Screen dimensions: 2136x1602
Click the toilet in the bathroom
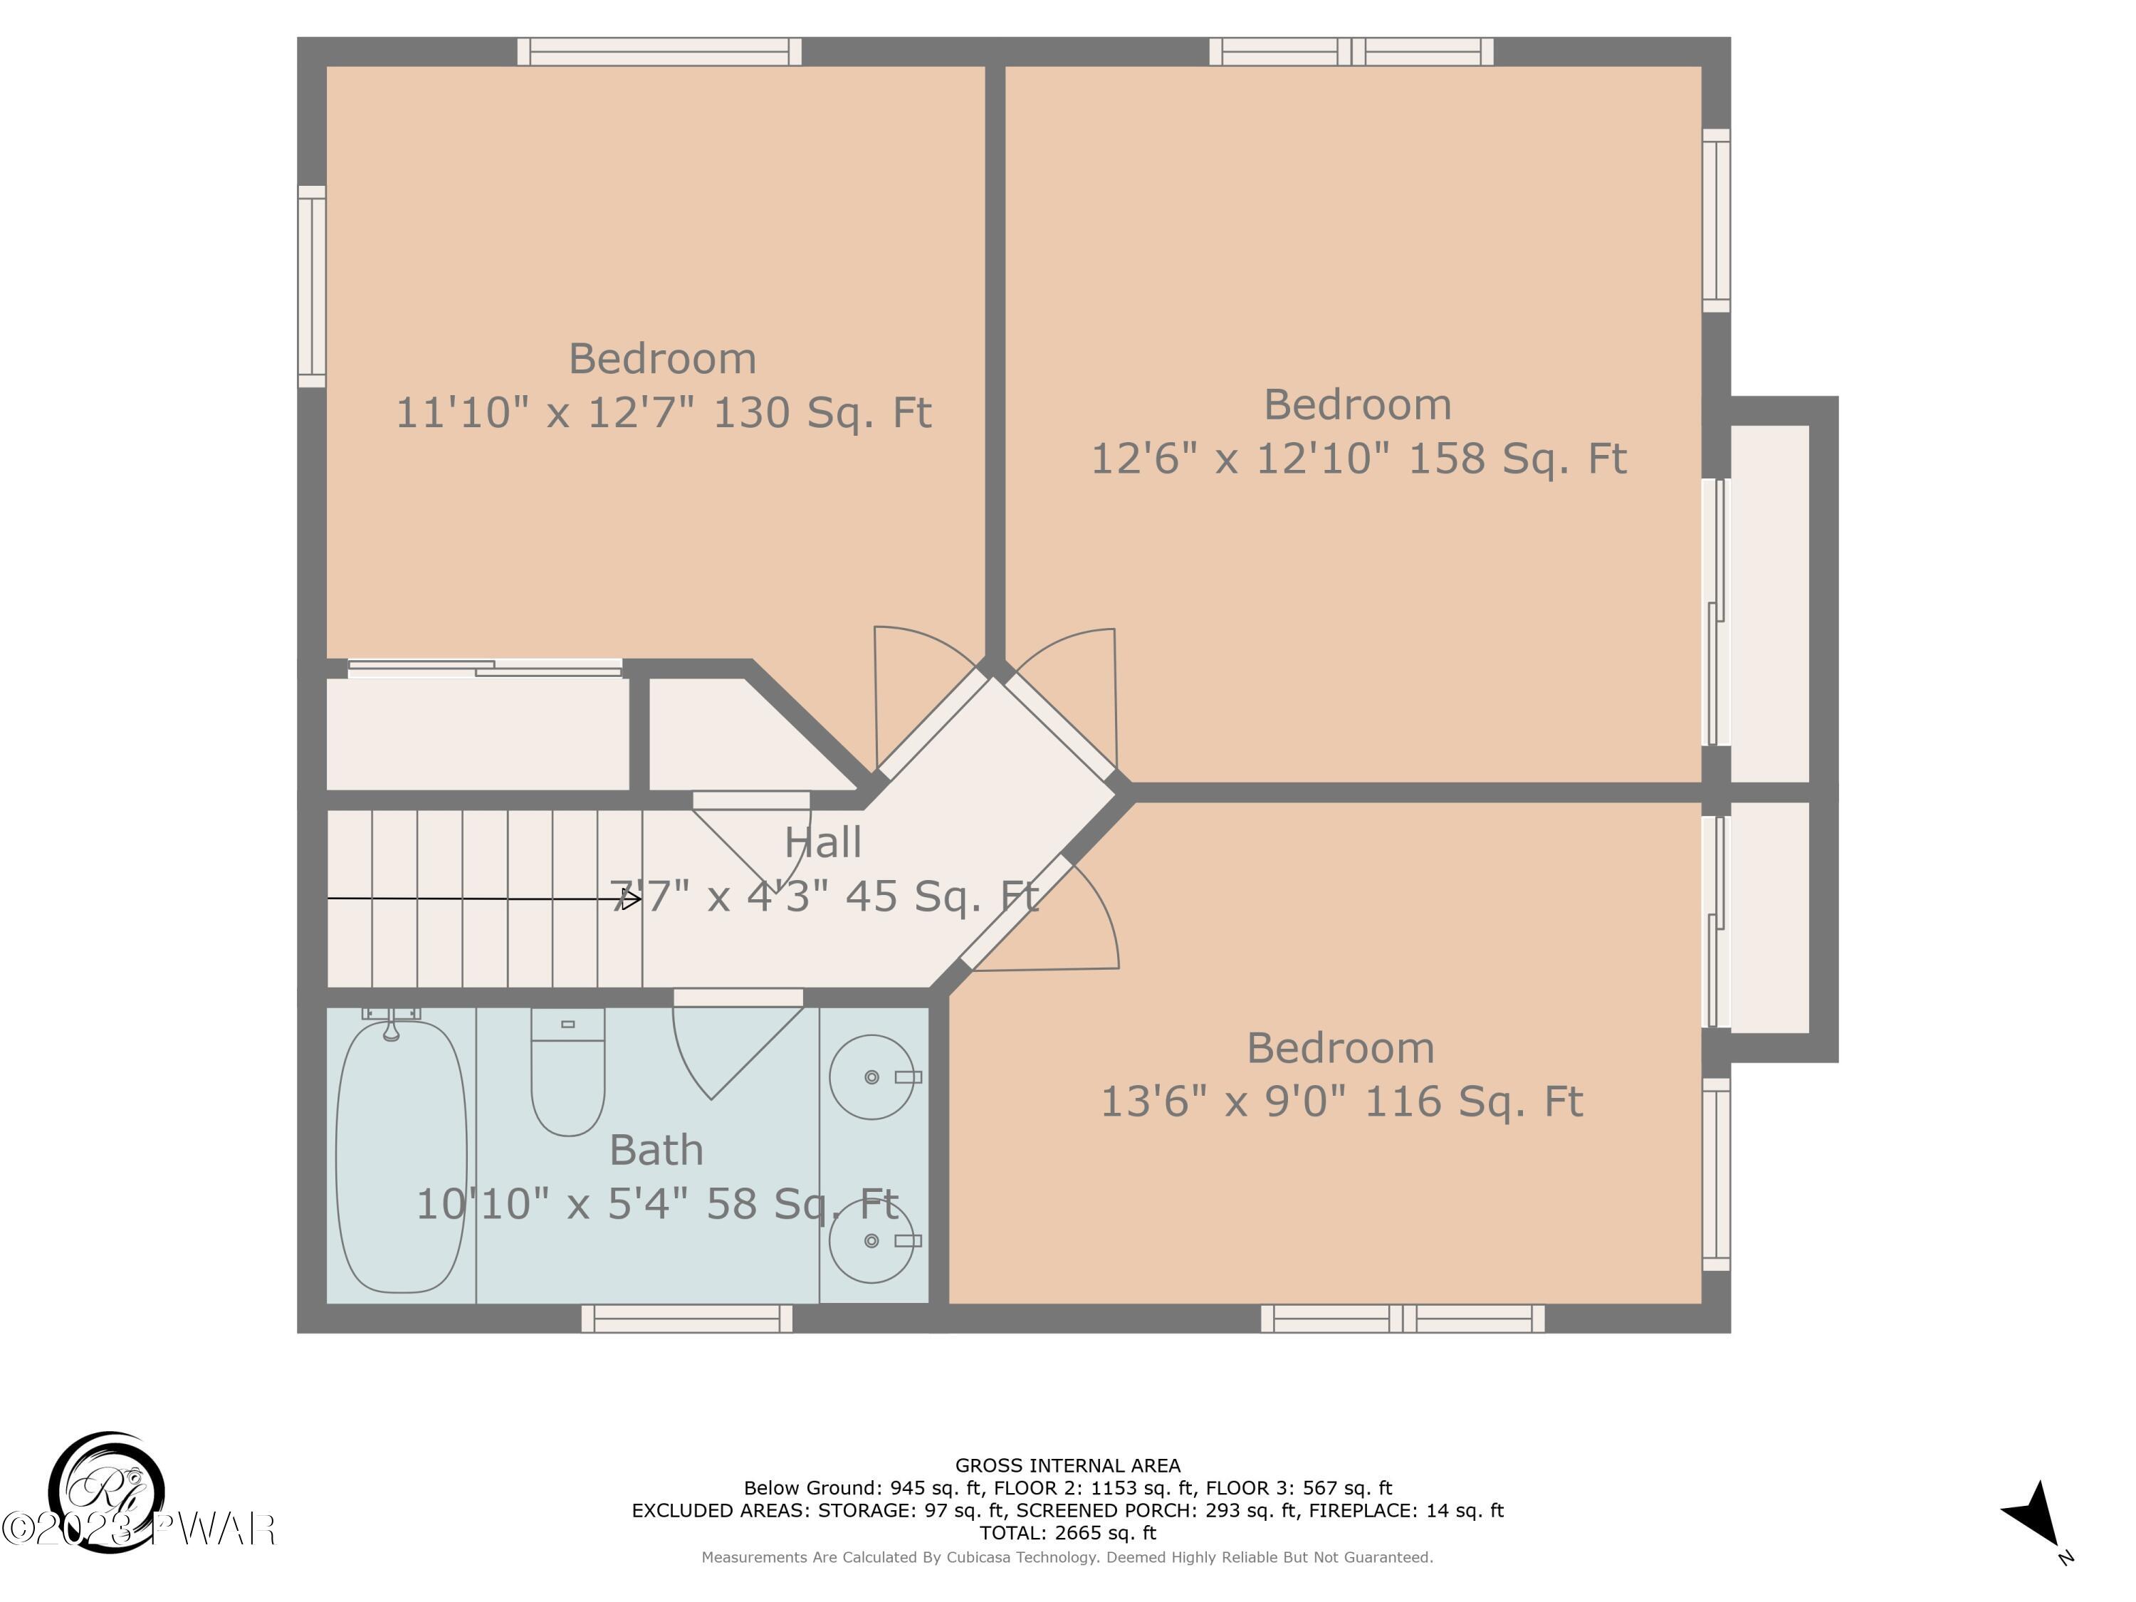(x=567, y=1071)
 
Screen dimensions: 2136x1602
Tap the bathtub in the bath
(x=401, y=1155)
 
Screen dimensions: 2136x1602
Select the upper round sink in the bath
(x=872, y=1077)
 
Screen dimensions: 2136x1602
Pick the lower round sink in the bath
(x=872, y=1241)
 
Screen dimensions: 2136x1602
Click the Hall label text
(x=823, y=843)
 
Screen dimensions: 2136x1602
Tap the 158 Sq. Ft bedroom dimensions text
(x=1358, y=458)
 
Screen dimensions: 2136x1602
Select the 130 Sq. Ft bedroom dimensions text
(x=664, y=412)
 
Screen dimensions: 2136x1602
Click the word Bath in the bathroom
(x=656, y=1150)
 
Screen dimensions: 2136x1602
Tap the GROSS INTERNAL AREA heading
(x=1067, y=1466)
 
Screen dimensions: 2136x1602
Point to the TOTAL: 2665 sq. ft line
(x=1067, y=1532)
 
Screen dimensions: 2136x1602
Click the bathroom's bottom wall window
(x=686, y=1318)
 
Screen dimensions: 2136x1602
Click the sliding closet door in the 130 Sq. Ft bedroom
(x=485, y=667)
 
